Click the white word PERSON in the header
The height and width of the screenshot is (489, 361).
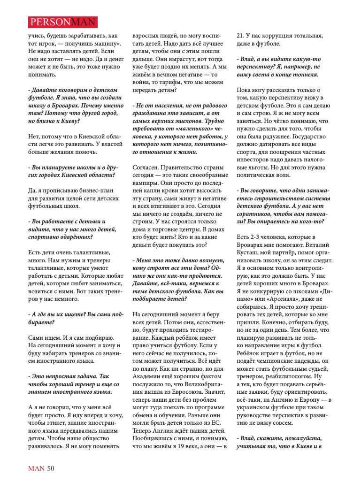tap(48, 22)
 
